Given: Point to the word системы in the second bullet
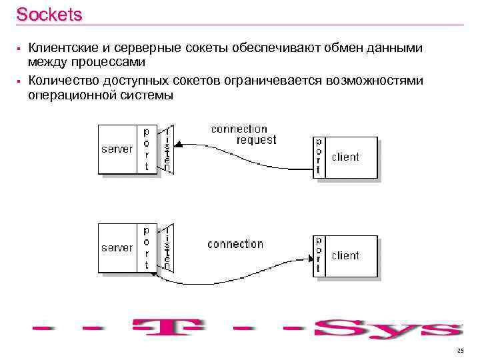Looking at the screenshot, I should point(146,95).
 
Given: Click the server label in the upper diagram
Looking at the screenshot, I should point(117,149).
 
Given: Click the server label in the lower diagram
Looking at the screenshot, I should point(117,247).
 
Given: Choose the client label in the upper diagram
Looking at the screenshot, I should point(345,157).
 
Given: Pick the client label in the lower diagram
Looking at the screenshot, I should point(345,255).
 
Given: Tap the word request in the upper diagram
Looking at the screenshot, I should point(256,140).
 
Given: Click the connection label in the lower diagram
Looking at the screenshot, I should point(235,244).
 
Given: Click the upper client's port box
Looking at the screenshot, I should point(319,157).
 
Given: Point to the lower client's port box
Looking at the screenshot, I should point(319,255).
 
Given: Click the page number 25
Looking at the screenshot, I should point(460,351).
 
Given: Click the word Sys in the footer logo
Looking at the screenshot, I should point(390,329).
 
